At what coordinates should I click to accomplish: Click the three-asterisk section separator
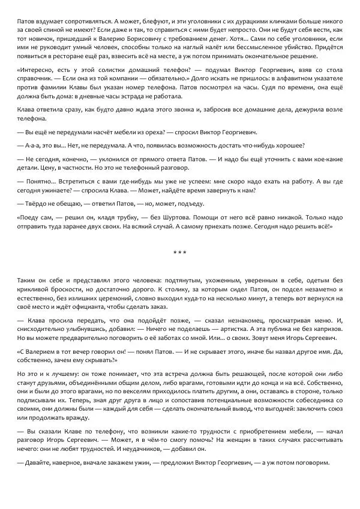point(180,252)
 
